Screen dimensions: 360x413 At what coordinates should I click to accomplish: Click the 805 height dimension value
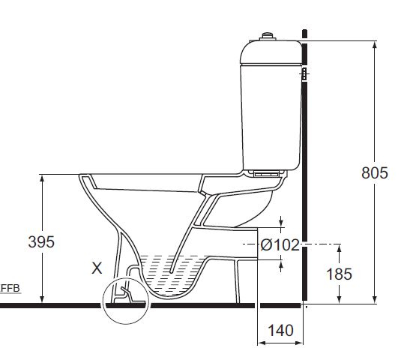click(374, 172)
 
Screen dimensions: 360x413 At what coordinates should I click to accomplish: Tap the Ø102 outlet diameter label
click(280, 244)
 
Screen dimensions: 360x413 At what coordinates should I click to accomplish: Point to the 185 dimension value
click(339, 274)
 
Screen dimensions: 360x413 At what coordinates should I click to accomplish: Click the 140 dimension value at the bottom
click(280, 330)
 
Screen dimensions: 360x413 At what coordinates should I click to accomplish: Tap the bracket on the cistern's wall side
click(304, 73)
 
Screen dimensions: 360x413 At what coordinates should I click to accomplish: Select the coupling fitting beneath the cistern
click(265, 172)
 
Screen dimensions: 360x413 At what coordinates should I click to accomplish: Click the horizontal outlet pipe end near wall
click(255, 244)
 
